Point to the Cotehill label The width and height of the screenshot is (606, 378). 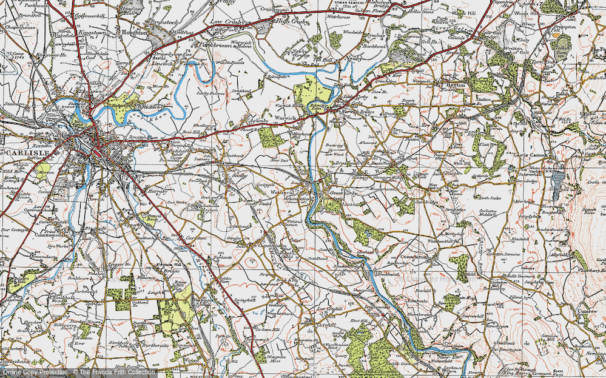(314, 325)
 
